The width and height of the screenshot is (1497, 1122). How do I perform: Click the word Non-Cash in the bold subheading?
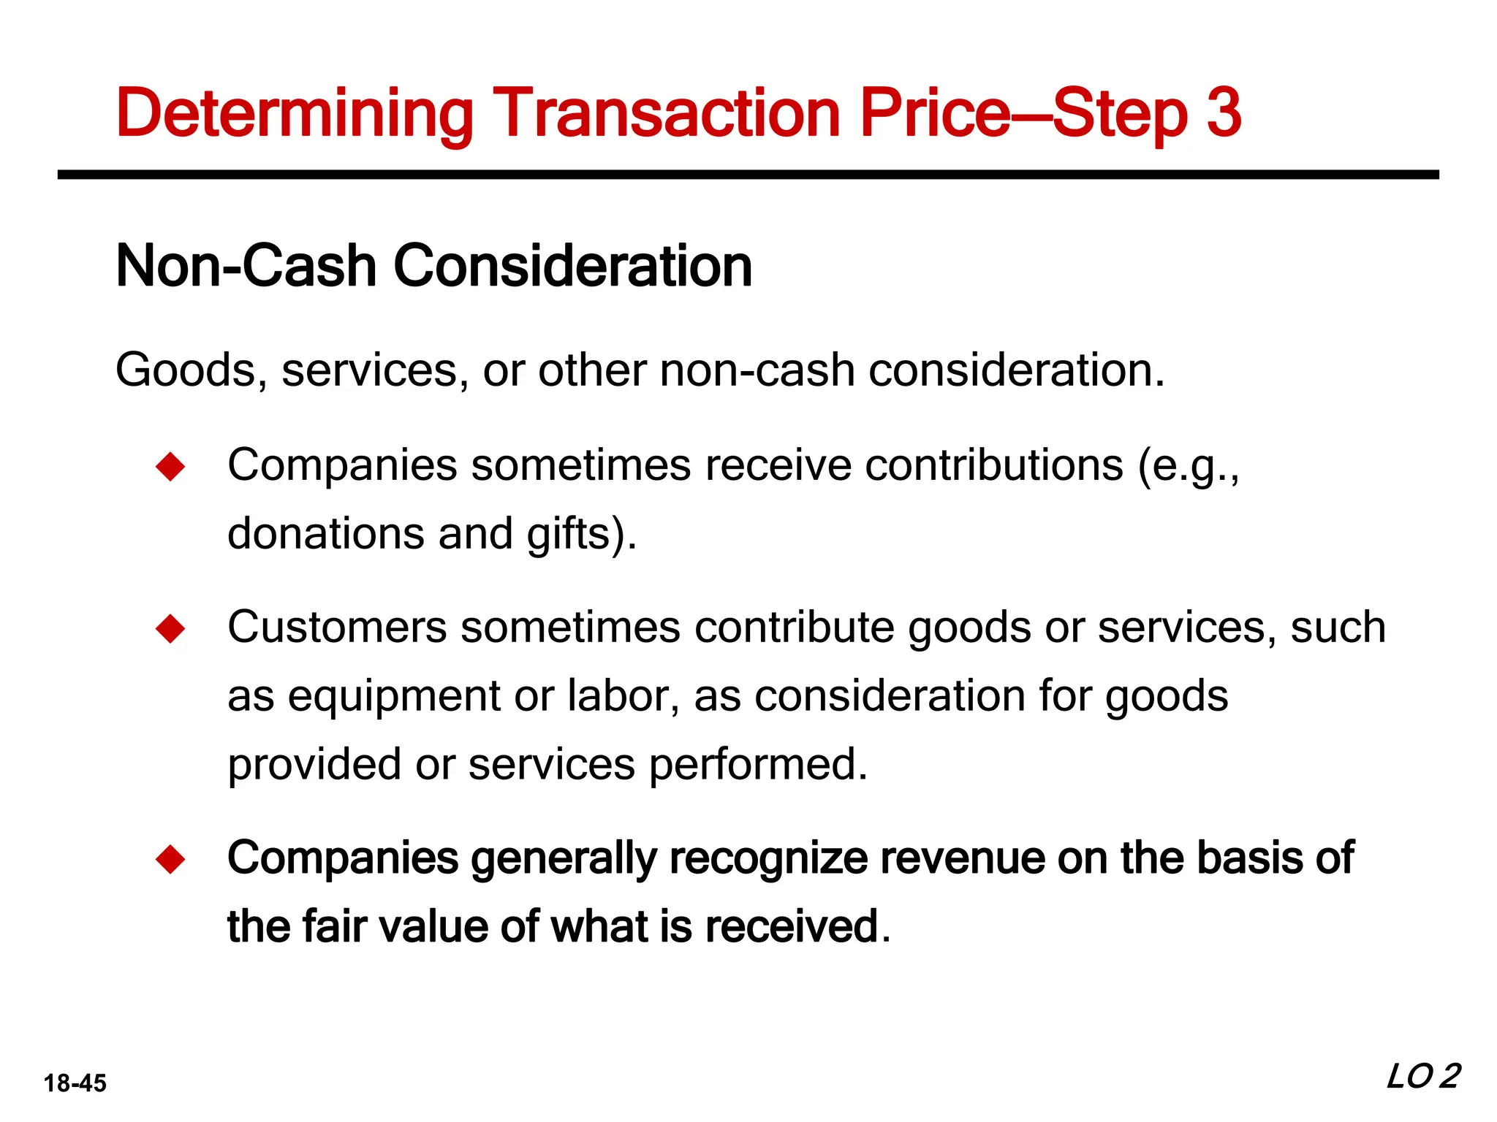(246, 266)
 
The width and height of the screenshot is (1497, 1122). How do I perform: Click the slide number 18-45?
(75, 1083)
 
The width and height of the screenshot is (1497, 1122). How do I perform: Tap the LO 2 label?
(1422, 1077)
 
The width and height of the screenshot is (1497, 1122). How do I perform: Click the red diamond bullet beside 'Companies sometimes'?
(170, 467)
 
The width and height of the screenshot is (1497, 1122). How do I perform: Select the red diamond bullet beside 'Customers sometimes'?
(170, 628)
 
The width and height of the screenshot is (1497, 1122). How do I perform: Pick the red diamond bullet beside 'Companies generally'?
(170, 859)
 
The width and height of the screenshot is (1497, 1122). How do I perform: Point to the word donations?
(325, 533)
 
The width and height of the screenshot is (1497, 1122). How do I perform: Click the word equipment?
(393, 696)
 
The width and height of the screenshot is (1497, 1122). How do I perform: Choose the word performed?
(757, 764)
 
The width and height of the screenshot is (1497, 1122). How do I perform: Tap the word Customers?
(337, 627)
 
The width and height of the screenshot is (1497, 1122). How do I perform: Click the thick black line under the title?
(748, 175)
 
